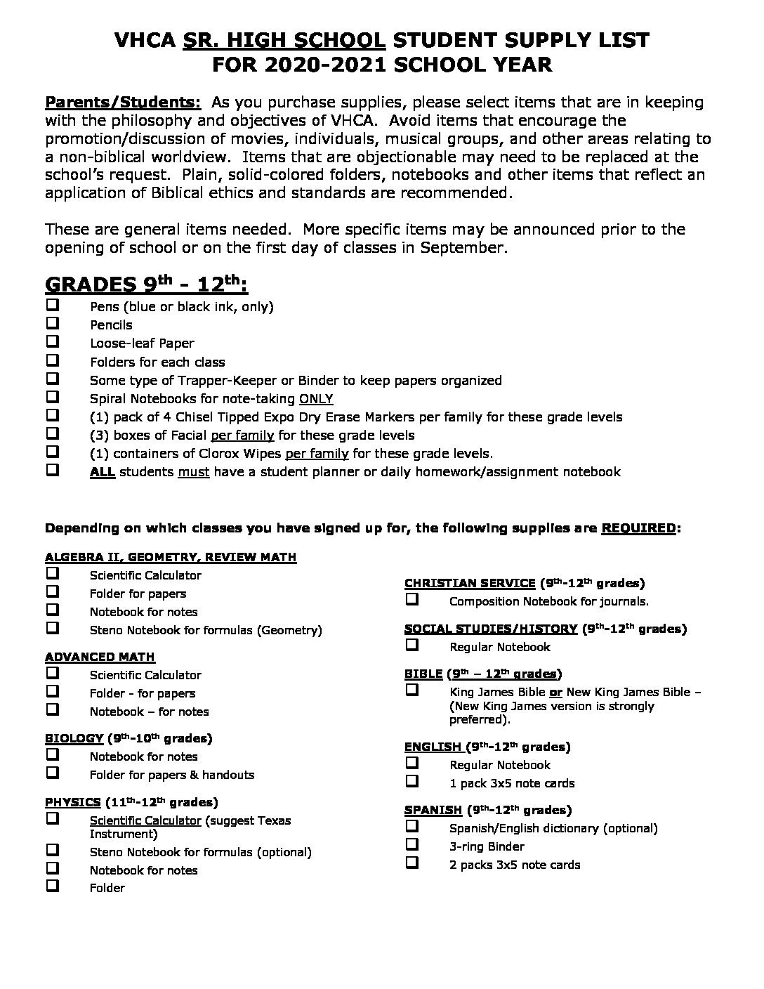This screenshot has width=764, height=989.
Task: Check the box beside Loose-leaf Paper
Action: point(53,342)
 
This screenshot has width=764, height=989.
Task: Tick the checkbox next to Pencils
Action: point(53,324)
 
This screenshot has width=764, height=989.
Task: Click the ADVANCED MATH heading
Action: point(100,657)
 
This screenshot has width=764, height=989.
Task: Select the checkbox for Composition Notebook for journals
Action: point(412,600)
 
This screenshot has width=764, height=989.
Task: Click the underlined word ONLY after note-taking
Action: point(316,398)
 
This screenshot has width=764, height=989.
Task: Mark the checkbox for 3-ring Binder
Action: point(412,845)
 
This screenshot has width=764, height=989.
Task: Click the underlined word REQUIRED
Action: point(638,528)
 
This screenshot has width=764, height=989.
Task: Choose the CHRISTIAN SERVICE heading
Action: point(470,582)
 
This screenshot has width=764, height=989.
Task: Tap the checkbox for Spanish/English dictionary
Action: point(412,827)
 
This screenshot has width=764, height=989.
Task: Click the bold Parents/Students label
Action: point(123,102)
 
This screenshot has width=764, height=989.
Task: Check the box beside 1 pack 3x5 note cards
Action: point(412,782)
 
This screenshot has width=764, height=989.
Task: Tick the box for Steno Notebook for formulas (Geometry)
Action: point(53,629)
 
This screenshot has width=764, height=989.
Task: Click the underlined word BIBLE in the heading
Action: point(423,674)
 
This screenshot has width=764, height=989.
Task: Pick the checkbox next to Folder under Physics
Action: point(53,887)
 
